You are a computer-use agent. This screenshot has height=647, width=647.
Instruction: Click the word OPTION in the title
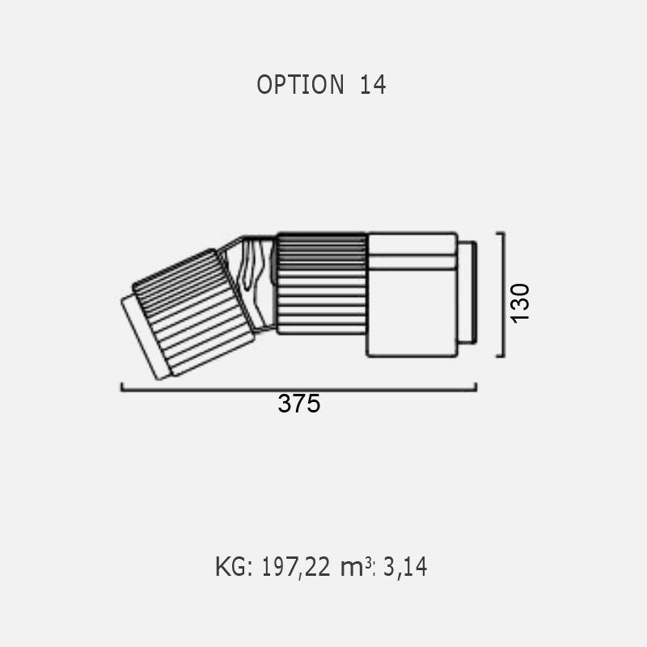click(300, 85)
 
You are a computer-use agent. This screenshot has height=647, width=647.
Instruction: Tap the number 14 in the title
click(373, 85)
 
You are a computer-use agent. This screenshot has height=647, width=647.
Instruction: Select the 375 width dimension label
click(298, 403)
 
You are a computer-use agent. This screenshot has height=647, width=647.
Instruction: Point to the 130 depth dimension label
click(520, 303)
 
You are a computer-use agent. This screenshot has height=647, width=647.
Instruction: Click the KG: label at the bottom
click(234, 567)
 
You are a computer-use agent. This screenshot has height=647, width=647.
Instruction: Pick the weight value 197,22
click(296, 567)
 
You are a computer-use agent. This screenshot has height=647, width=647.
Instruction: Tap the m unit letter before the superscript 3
click(352, 569)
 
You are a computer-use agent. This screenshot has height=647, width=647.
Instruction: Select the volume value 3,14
click(405, 567)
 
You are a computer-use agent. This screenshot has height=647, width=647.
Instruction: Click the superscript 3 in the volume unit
click(368, 562)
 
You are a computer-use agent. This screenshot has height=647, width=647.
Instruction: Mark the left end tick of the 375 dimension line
click(122, 387)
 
